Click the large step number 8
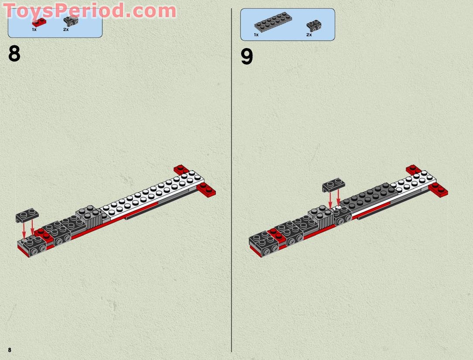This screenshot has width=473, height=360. (14, 55)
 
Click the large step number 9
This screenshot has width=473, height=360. (247, 57)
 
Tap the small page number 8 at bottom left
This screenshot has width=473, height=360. (9, 350)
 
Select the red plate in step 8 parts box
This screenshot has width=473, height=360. (39, 22)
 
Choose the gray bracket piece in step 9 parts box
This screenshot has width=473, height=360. (314, 25)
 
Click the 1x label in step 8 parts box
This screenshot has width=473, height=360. (34, 30)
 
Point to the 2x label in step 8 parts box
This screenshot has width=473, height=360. (66, 30)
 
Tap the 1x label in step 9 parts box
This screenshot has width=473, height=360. (256, 34)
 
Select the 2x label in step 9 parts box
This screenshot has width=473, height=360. (309, 34)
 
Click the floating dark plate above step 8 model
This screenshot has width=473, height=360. (27, 216)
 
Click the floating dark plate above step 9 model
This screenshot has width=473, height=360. (333, 185)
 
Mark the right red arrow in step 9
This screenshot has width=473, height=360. (338, 198)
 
